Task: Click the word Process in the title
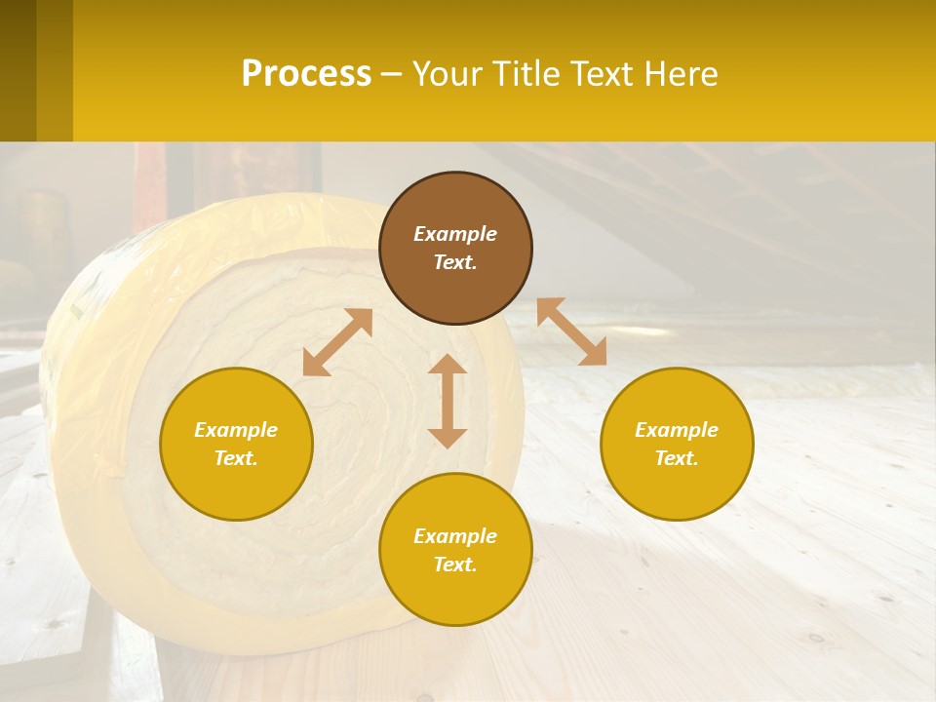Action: click(x=306, y=74)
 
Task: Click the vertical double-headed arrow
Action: click(x=448, y=401)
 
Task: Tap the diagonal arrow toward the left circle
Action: click(x=337, y=342)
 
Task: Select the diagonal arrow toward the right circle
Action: click(x=571, y=331)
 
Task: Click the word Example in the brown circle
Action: click(x=455, y=234)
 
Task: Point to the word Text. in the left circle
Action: click(x=236, y=458)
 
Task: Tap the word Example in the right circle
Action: click(x=677, y=430)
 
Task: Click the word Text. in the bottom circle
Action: click(x=455, y=565)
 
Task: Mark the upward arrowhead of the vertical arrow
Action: click(x=448, y=365)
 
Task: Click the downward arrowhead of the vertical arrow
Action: click(x=448, y=438)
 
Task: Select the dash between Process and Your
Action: click(x=391, y=74)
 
